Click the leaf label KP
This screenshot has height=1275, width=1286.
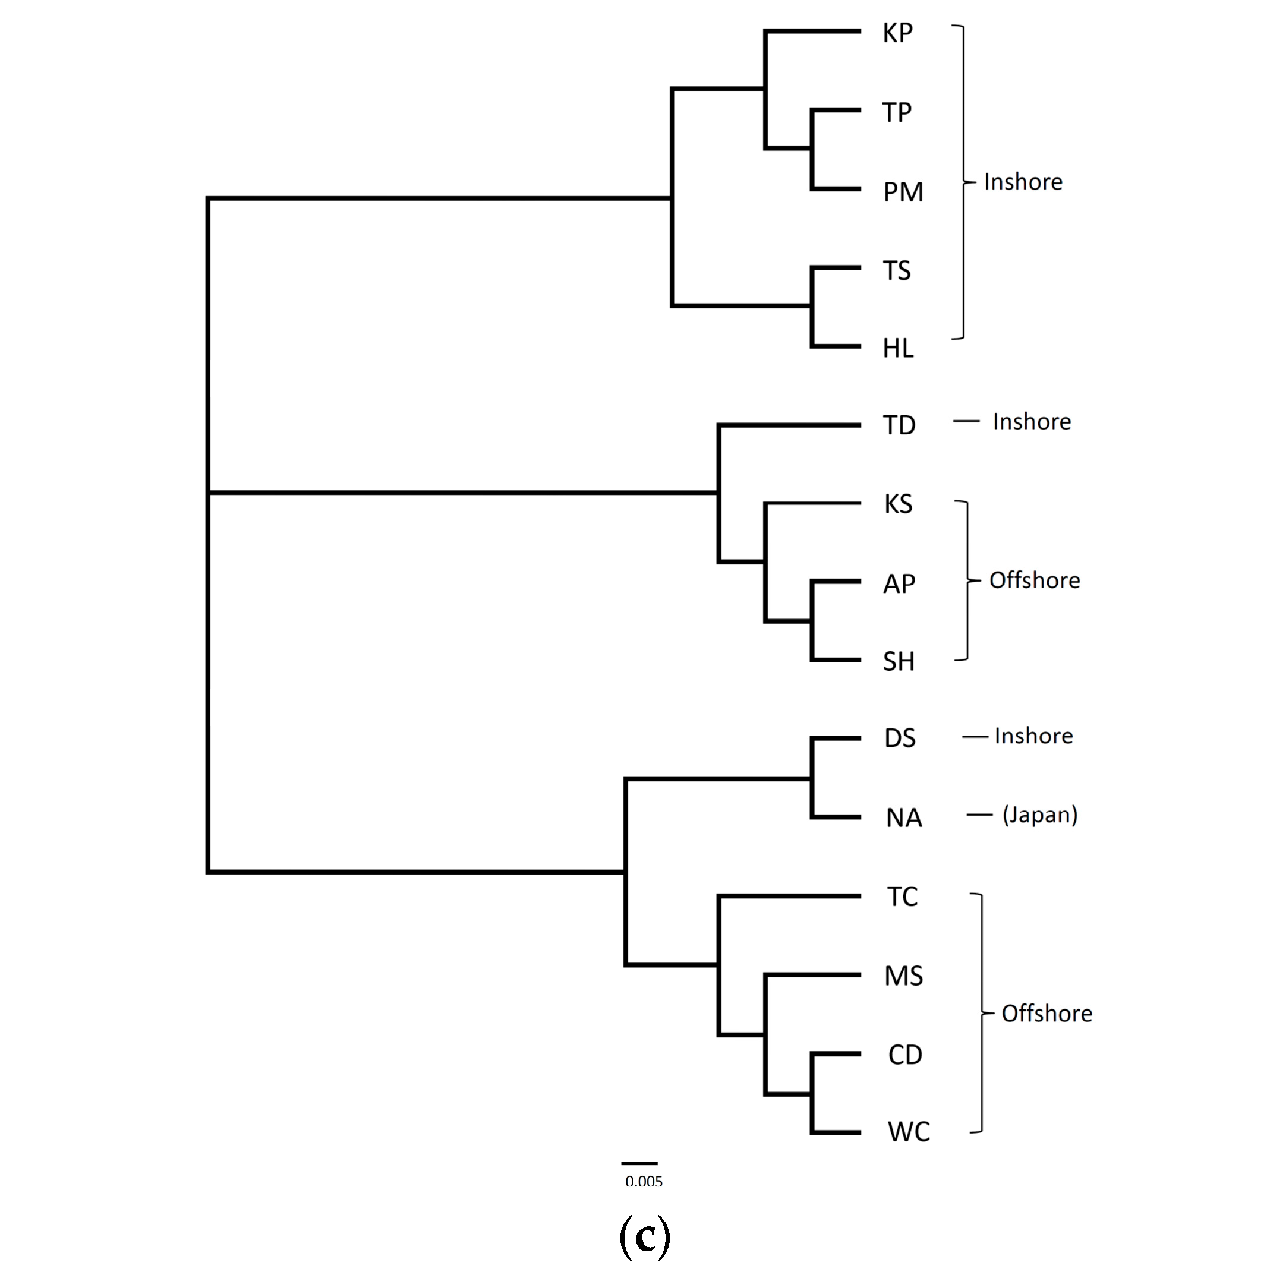click(x=897, y=33)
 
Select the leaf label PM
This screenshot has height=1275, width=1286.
click(x=903, y=192)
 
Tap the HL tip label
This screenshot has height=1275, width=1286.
click(x=898, y=348)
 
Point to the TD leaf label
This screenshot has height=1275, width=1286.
click(x=899, y=425)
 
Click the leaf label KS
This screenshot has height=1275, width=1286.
click(x=898, y=504)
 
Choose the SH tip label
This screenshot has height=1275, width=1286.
click(x=899, y=661)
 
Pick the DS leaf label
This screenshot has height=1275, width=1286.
click(x=900, y=738)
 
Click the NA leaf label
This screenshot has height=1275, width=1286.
click(x=904, y=818)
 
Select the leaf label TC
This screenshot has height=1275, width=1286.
click(x=902, y=897)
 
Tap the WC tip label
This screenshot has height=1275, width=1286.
click(x=909, y=1132)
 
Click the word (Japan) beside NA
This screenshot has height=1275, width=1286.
click(x=1040, y=815)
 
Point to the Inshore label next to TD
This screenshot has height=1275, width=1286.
click(x=1032, y=422)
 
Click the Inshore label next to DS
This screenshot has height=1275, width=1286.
click(x=1033, y=736)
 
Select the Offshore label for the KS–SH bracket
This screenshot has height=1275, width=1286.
click(x=1035, y=580)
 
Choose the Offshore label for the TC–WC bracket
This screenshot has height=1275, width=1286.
click(x=1047, y=1014)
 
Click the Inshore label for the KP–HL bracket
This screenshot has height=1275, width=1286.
click(x=1023, y=182)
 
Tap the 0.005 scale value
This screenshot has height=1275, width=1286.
click(x=644, y=1182)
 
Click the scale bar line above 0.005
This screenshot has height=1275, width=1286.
click(x=639, y=1163)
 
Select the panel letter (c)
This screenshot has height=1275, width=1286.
click(x=644, y=1236)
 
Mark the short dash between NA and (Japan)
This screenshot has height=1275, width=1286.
click(x=979, y=815)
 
